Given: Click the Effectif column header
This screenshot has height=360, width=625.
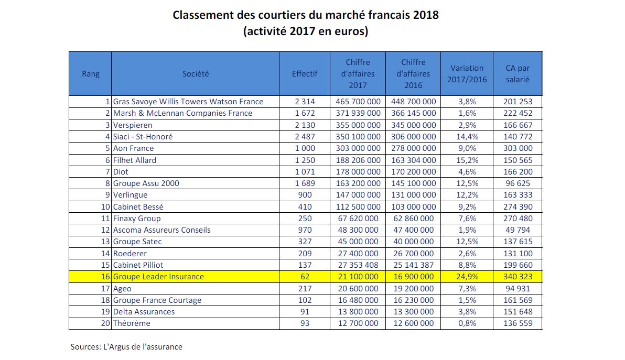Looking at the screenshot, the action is (305, 74).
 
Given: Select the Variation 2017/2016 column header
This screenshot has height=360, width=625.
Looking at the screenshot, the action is (467, 74).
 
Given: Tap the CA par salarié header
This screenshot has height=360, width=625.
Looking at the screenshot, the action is (518, 74).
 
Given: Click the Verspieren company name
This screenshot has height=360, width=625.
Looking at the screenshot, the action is (133, 125).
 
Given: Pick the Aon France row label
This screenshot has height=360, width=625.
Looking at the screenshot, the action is (134, 148).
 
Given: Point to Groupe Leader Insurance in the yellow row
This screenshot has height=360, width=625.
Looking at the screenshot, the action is (159, 277).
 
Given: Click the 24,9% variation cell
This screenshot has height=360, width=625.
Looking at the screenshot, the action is (467, 277).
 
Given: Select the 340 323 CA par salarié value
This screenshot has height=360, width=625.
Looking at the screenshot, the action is (518, 277).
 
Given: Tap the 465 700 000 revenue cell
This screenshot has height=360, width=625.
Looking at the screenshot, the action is (358, 102).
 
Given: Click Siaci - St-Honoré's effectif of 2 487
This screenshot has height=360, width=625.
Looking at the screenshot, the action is (305, 137).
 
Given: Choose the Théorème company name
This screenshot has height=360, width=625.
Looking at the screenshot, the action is (132, 323).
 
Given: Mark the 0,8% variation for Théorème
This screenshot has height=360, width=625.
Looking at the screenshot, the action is (467, 323).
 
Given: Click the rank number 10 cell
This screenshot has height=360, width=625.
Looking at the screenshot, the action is (105, 206).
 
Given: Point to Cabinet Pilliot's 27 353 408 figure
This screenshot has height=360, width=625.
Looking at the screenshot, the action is (358, 265).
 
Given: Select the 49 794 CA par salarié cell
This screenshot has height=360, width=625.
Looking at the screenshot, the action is (518, 230).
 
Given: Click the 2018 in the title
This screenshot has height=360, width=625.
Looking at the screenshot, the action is (426, 15).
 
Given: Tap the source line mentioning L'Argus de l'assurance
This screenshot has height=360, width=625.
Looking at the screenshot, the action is (126, 347).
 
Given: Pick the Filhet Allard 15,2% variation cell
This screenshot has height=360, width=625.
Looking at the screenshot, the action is (467, 160).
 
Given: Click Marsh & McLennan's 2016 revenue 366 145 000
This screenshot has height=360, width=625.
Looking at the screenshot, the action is (413, 113).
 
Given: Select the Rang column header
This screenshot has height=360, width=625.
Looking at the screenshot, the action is (91, 74).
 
